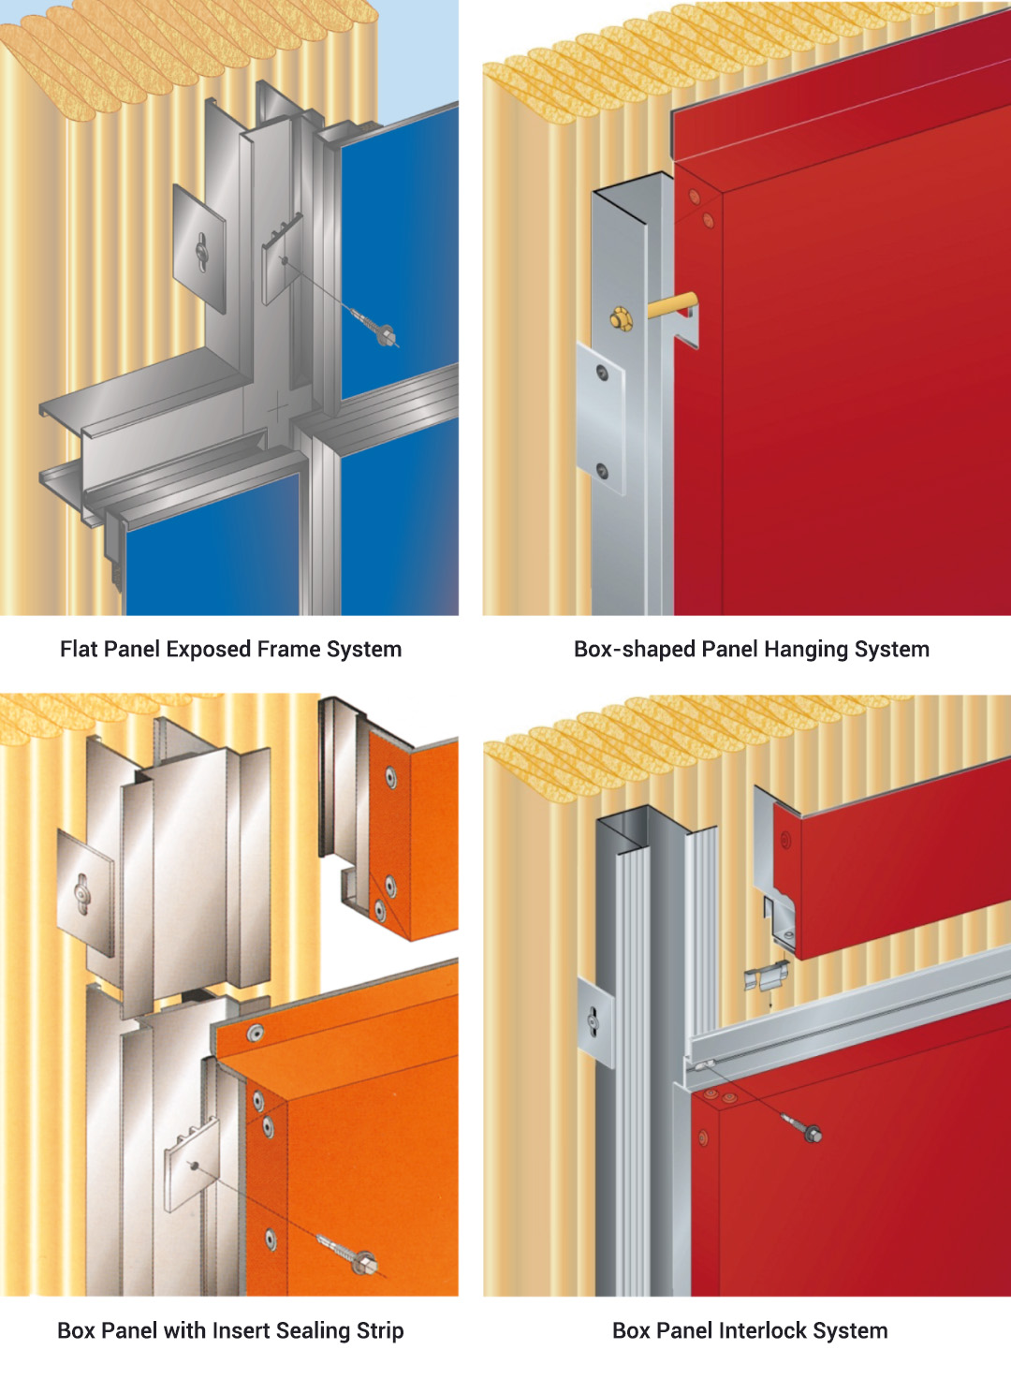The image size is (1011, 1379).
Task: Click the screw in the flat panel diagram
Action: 384,333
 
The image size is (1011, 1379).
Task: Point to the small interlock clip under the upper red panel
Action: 765,978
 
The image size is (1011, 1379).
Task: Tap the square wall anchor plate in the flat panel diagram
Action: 199,248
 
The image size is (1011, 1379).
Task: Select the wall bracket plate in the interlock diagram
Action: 594,1021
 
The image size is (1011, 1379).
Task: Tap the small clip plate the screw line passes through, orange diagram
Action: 192,1164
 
